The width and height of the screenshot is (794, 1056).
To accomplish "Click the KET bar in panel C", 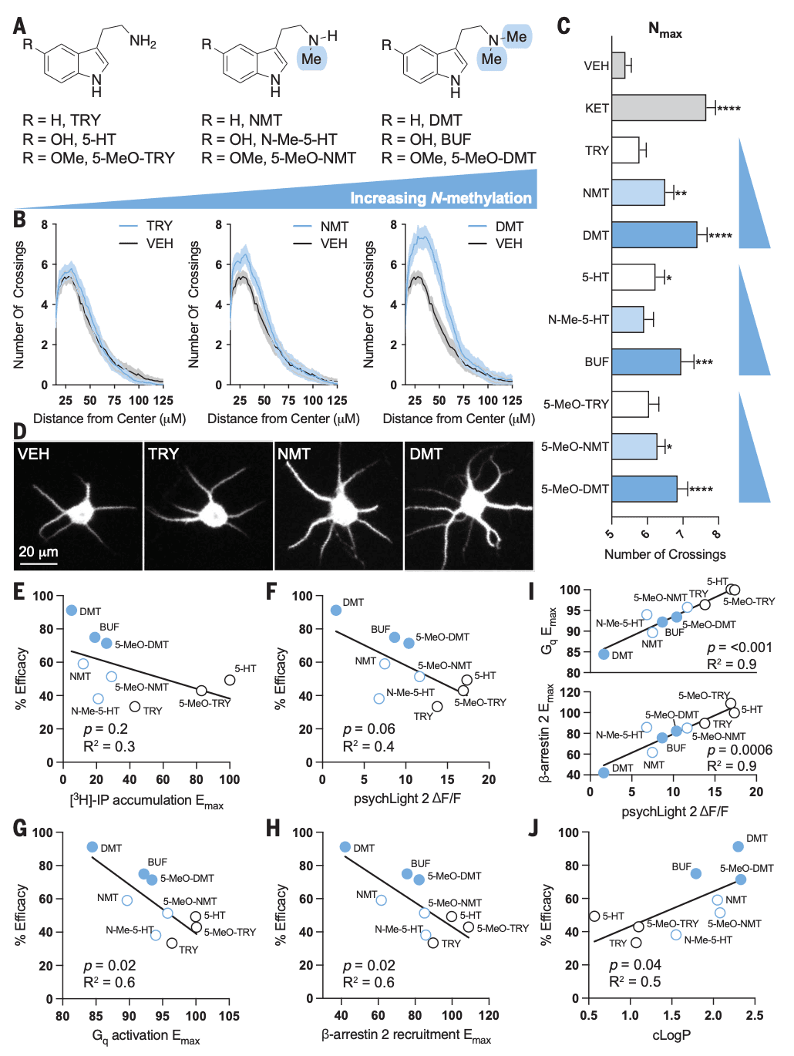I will point(658,108).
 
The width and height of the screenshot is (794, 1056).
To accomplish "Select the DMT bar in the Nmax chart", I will point(654,235).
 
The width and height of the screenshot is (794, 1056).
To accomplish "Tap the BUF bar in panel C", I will point(646,362).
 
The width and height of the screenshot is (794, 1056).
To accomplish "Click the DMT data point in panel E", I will point(72,610).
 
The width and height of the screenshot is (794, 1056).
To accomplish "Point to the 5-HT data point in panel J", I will point(594,916).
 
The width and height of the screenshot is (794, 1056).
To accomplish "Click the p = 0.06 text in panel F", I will point(369,729).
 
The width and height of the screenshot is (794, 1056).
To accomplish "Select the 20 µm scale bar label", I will point(39,552).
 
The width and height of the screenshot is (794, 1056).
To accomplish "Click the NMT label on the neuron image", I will point(294,454).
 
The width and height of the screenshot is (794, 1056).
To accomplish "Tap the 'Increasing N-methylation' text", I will point(440,199).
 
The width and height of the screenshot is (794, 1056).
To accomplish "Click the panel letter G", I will point(20,829).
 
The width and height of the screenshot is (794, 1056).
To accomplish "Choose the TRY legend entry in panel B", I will point(159,226).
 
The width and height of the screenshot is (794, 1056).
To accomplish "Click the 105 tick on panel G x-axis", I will point(229,1016).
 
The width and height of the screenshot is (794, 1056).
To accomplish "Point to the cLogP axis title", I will point(671,1035).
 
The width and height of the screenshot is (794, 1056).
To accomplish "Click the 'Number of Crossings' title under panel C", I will point(664,554).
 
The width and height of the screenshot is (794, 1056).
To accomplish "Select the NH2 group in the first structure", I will point(143,42).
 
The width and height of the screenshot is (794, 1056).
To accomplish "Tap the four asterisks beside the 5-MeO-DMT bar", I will point(701,489).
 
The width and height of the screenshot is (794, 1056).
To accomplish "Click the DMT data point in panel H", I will point(345,847).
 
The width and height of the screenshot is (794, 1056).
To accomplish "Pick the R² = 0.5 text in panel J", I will point(635,981).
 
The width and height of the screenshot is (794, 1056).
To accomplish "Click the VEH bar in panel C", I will point(618,66).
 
